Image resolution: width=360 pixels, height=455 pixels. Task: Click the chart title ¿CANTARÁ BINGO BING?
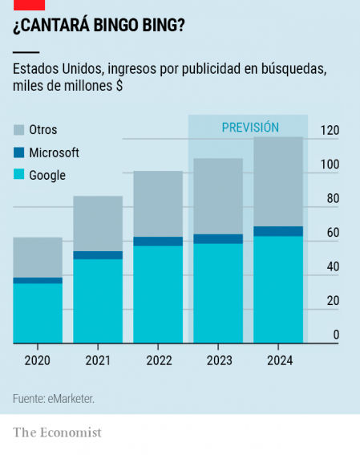point(99,26)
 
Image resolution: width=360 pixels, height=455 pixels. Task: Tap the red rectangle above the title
point(28,4)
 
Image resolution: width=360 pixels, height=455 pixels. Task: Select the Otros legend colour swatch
point(18,129)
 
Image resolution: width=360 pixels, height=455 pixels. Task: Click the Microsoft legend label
point(54,152)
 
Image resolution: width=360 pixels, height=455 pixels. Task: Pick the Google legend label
point(47,175)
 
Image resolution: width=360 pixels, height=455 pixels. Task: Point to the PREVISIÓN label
point(250,127)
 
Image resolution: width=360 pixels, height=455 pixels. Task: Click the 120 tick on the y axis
point(330,131)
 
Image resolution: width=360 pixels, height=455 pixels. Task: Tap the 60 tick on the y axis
point(332,233)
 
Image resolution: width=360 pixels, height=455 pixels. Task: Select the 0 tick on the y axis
point(335,335)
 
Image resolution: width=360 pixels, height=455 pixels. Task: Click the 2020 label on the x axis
point(38,361)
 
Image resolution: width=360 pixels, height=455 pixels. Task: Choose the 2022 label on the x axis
point(159,361)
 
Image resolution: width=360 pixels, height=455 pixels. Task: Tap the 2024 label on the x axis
point(279,361)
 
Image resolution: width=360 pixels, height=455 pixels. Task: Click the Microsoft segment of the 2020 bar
point(38,280)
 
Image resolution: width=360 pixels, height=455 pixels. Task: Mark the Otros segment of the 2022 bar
point(158,204)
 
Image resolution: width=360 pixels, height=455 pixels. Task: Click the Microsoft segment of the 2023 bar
point(218,238)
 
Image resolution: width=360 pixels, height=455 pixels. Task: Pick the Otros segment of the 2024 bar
point(278,181)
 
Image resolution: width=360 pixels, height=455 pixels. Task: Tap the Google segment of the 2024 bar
point(278,290)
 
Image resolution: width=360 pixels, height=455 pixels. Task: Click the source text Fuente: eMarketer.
point(54,398)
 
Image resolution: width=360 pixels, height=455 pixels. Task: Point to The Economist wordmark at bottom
point(57,433)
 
